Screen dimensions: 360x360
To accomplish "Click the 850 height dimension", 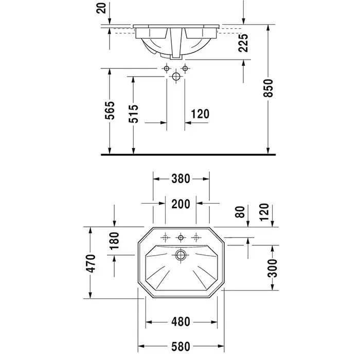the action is pyautogui.click(x=268, y=88).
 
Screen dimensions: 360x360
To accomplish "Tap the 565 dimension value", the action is pyautogui.click(x=110, y=110).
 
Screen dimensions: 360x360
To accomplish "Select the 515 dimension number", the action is pyautogui.click(x=134, y=114).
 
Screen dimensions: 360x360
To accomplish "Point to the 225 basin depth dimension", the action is pyautogui.click(x=243, y=43).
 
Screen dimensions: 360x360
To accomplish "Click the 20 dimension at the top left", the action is pyautogui.click(x=101, y=8).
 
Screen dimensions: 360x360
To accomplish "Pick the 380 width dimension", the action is pyautogui.click(x=181, y=179).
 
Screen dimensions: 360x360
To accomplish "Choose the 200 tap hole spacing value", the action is pyautogui.click(x=181, y=204).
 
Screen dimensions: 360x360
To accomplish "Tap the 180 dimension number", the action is pyautogui.click(x=114, y=241).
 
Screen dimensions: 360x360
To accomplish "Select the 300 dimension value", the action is pyautogui.click(x=273, y=268).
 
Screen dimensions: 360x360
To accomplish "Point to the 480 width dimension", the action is pyautogui.click(x=181, y=321).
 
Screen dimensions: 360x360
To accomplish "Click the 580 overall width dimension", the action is pyautogui.click(x=181, y=347).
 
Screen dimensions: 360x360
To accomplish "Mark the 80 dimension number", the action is pyautogui.click(x=240, y=212).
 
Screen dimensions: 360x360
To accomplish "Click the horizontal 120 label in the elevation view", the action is pyautogui.click(x=200, y=114).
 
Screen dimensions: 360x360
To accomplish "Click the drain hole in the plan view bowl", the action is pyautogui.click(x=181, y=255).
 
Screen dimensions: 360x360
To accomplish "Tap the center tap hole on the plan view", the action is pyautogui.click(x=181, y=237).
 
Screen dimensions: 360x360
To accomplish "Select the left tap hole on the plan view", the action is pyautogui.click(x=165, y=237).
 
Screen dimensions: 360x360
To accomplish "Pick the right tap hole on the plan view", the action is pyautogui.click(x=196, y=237).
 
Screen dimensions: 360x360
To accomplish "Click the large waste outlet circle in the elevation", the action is pyautogui.click(x=176, y=77).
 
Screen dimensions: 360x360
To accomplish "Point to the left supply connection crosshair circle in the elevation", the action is pyautogui.click(x=167, y=68).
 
